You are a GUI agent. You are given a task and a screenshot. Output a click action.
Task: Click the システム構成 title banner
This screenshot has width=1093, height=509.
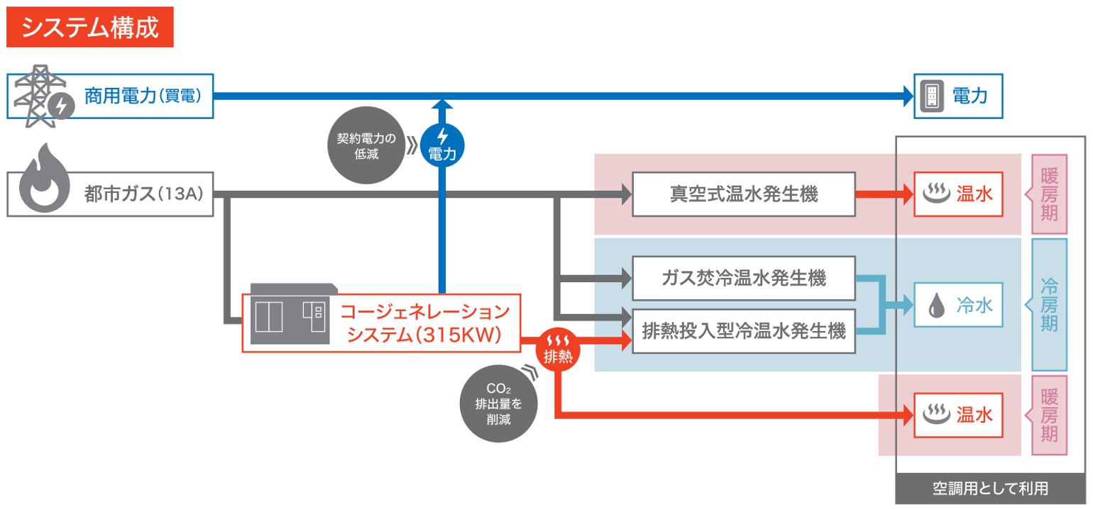pyautogui.click(x=89, y=28)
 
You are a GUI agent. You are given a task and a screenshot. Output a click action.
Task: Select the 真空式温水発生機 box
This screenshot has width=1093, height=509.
pyautogui.click(x=743, y=194)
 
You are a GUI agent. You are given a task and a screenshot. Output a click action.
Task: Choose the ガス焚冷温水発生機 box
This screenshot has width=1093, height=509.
pyautogui.click(x=743, y=278)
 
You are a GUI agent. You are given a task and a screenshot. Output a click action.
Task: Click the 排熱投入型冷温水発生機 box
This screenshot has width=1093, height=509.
pyautogui.click(x=743, y=330)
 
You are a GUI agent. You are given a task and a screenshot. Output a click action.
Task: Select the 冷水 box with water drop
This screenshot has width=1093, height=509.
pyautogui.click(x=958, y=306)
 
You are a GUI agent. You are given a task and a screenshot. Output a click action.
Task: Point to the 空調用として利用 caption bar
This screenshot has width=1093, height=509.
pyautogui.click(x=990, y=488)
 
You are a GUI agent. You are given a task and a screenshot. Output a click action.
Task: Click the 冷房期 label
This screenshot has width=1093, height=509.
pyautogui.click(x=1049, y=305)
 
